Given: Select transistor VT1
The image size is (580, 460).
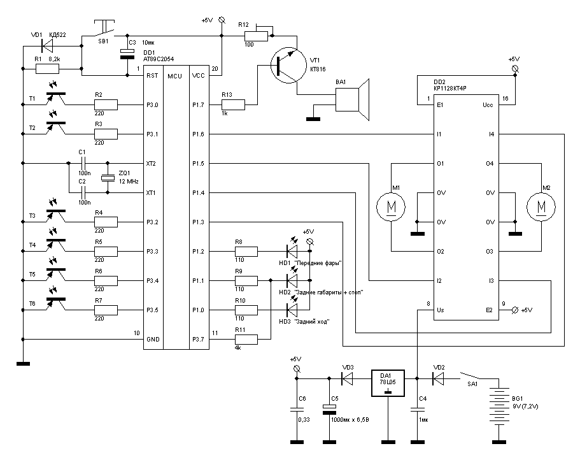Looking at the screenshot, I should pos(286,65).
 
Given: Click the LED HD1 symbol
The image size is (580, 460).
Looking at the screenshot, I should pos(292,252).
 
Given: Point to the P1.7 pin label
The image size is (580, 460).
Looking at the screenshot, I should pos(197,105).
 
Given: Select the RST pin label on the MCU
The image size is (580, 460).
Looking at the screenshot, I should pos(152,76).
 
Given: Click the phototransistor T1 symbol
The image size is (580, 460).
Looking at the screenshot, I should pos(57,98).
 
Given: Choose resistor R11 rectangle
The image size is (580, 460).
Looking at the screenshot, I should pos(246,340).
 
